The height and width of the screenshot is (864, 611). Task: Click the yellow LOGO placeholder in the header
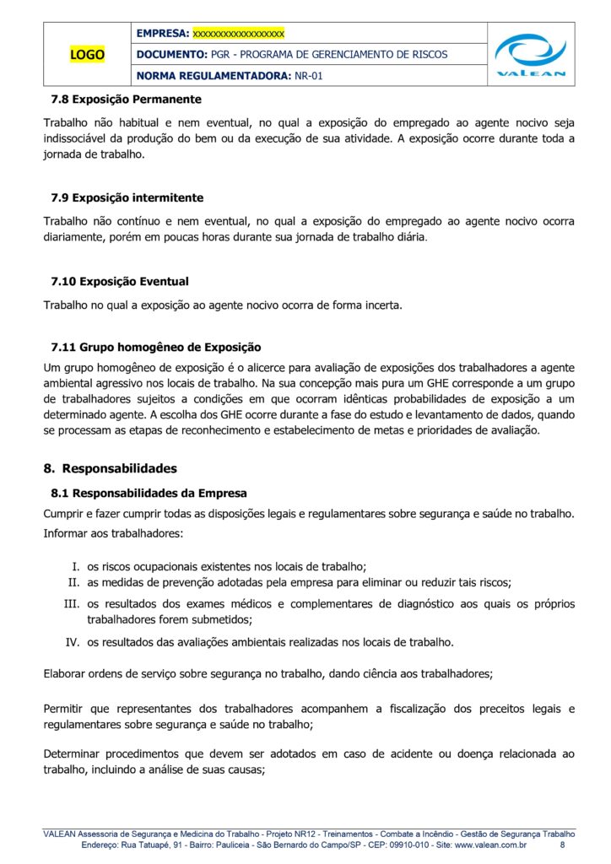pos(88,55)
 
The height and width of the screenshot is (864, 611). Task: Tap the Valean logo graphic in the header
pos(531,54)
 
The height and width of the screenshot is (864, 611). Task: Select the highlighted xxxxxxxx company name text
pos(239,34)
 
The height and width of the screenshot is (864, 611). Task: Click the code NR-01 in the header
pos(308,76)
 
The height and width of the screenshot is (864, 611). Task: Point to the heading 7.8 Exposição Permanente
pos(126,100)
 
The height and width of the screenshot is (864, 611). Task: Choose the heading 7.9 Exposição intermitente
pos(127,198)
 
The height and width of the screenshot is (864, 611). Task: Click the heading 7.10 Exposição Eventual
pos(120,281)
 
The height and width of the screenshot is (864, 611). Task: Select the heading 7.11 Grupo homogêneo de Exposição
pos(156,347)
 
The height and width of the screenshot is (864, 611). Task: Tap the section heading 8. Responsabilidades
pos(111,468)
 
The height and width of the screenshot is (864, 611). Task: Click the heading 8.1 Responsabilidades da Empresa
pos(149,493)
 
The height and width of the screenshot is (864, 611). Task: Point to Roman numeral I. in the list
pos(74,566)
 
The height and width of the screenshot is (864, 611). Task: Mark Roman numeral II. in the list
pos(73,582)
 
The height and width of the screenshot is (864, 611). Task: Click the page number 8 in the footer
pos(563,845)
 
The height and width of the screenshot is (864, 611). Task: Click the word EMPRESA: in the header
pos(162,34)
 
